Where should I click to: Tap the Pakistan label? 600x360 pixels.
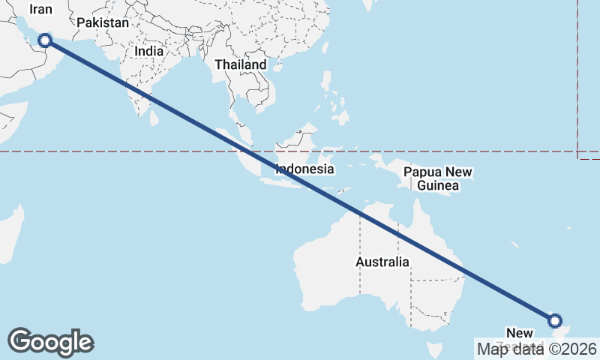(x=103, y=23)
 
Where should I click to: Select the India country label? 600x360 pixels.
(x=149, y=52)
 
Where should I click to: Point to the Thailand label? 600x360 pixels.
(x=240, y=64)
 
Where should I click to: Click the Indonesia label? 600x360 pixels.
(x=304, y=169)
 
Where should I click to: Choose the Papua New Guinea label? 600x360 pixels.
(x=438, y=178)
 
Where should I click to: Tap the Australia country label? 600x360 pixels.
(x=382, y=262)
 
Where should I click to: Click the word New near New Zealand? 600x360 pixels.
(x=520, y=333)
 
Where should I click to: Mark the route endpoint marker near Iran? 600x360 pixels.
(x=44, y=40)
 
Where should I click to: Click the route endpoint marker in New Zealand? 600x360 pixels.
(x=555, y=321)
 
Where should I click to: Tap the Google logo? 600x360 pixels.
(x=50, y=342)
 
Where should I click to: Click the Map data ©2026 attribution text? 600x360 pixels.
(x=537, y=349)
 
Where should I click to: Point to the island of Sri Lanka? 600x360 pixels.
(x=156, y=117)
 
